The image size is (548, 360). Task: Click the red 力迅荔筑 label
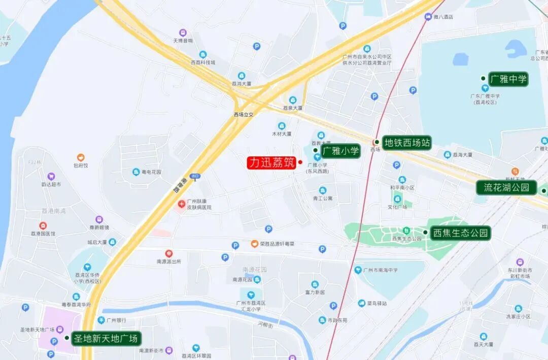(x=271, y=162)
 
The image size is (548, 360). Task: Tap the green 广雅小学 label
(x=340, y=151)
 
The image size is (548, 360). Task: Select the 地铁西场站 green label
(x=407, y=143)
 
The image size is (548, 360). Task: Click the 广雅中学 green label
(x=508, y=79)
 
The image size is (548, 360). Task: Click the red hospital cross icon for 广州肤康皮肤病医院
(x=181, y=204)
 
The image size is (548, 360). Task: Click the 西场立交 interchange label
(x=244, y=115)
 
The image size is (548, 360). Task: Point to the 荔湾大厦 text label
(x=242, y=84)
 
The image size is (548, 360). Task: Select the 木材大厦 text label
(x=282, y=134)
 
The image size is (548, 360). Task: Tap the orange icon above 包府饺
(x=80, y=157)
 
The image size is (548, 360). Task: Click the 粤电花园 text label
(x=151, y=172)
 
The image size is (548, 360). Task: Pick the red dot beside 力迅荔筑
(x=300, y=162)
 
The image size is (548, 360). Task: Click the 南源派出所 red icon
(x=168, y=253)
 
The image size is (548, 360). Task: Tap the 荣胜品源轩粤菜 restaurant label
(x=277, y=244)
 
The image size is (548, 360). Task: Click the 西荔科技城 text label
(x=203, y=62)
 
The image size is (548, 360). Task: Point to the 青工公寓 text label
(x=323, y=199)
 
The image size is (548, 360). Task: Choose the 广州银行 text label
(x=116, y=320)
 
